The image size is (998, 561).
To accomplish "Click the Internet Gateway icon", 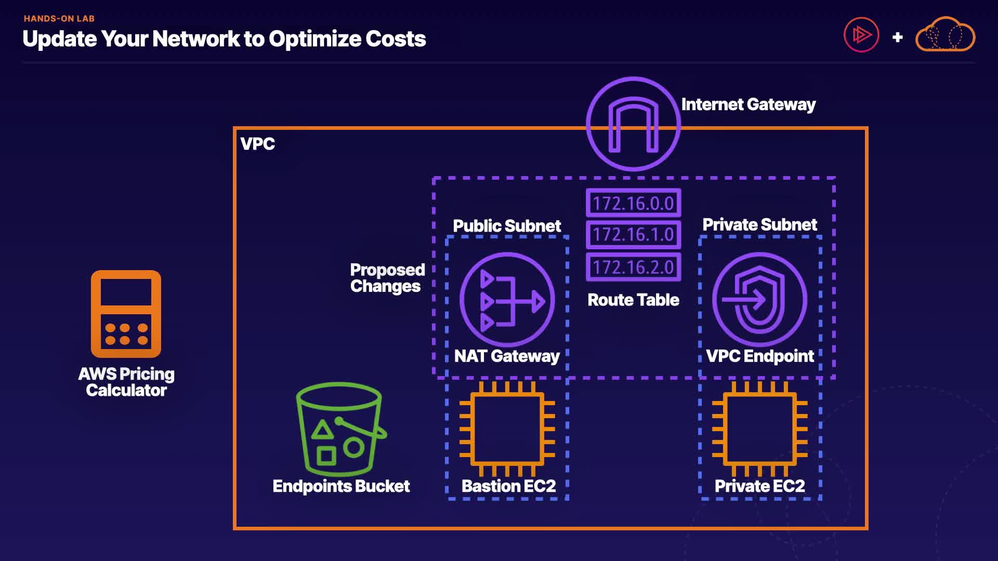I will [633, 124].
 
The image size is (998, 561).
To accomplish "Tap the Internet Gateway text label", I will [748, 104].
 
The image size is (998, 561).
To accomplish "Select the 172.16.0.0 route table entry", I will [633, 203].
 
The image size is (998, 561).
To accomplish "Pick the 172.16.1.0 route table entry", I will [633, 234].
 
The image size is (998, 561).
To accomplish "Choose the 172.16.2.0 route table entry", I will [633, 267].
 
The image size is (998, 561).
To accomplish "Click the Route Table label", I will [633, 300].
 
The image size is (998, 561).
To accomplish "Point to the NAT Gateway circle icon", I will [507, 300].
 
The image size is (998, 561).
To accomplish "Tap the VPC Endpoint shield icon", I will [759, 300].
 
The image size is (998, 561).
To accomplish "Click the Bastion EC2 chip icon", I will [507, 429].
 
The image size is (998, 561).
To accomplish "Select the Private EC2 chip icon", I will [759, 429].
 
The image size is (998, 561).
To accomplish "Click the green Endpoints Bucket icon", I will [340, 430].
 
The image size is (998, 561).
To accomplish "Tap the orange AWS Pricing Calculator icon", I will [126, 314].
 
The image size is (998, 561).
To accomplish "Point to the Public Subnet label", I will [507, 226].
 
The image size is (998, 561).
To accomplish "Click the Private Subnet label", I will [759, 224].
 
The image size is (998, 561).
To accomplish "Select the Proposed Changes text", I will [387, 278].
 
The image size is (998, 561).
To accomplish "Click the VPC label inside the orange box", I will [257, 144].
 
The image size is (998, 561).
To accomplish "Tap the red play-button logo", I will [861, 35].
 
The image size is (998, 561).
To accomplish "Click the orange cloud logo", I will [945, 35].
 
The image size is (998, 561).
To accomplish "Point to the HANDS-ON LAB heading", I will [59, 19].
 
